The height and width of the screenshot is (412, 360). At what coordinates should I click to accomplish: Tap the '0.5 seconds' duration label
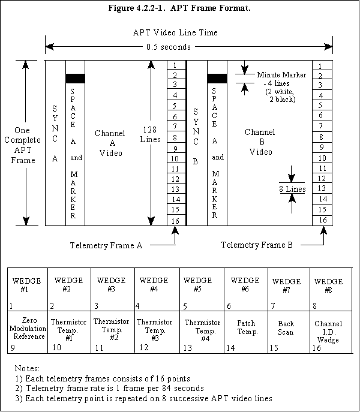169,47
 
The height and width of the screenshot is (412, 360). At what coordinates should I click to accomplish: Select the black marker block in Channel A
75,78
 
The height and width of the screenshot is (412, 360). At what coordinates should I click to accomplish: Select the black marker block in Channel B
217,78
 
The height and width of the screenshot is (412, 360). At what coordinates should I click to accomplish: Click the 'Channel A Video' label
109,143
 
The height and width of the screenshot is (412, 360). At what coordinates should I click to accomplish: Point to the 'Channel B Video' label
260,142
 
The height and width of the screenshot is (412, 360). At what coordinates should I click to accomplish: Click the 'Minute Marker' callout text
281,75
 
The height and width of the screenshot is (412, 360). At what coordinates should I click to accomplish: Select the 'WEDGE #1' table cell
25,290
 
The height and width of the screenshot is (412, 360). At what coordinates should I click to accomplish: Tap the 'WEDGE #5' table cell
202,290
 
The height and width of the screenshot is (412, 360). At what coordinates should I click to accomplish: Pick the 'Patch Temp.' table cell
246,331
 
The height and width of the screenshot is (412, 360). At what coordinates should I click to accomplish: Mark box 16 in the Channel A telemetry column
174,220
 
